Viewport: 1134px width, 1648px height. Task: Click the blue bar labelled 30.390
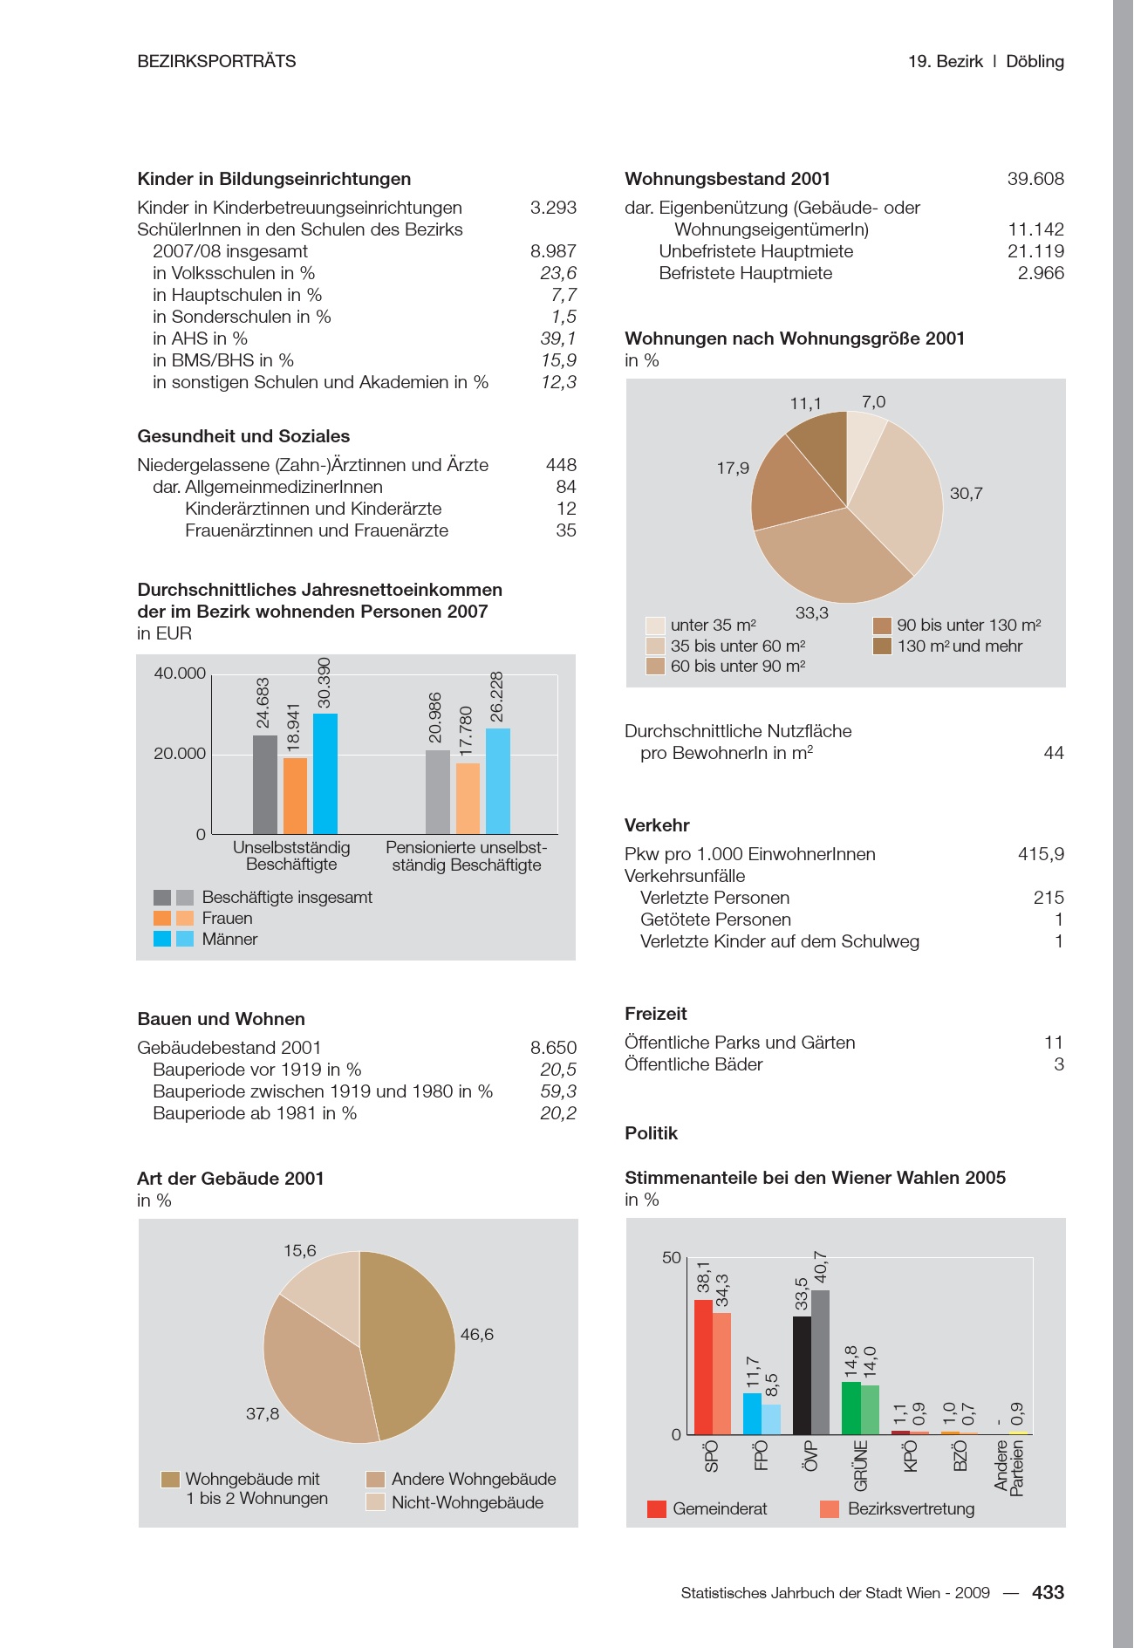tap(325, 774)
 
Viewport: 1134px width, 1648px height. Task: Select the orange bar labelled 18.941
tap(296, 796)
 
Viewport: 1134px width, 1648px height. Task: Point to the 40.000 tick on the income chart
tap(180, 674)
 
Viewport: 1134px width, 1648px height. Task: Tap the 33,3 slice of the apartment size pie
tap(829, 558)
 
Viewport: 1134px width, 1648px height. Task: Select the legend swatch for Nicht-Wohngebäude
tap(375, 1502)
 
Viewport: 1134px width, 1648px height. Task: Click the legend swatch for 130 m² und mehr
tap(882, 646)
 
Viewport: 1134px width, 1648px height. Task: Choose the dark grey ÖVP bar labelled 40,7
tap(821, 1362)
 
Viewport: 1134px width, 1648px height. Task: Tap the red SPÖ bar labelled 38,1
tap(703, 1367)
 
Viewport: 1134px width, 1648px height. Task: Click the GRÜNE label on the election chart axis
tap(861, 1466)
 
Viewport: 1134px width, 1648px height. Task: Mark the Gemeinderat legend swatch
tap(657, 1508)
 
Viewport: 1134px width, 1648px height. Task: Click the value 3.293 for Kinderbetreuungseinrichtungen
tap(553, 208)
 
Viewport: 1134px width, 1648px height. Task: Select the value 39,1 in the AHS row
tap(558, 338)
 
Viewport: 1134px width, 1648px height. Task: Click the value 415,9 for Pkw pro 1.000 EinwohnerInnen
tap(1041, 854)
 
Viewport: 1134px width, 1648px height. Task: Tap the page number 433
tap(1048, 1592)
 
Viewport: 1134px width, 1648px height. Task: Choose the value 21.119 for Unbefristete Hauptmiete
tap(1035, 251)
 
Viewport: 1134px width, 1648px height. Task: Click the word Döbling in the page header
tap(1035, 61)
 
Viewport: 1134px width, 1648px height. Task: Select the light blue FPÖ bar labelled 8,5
tap(771, 1419)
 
